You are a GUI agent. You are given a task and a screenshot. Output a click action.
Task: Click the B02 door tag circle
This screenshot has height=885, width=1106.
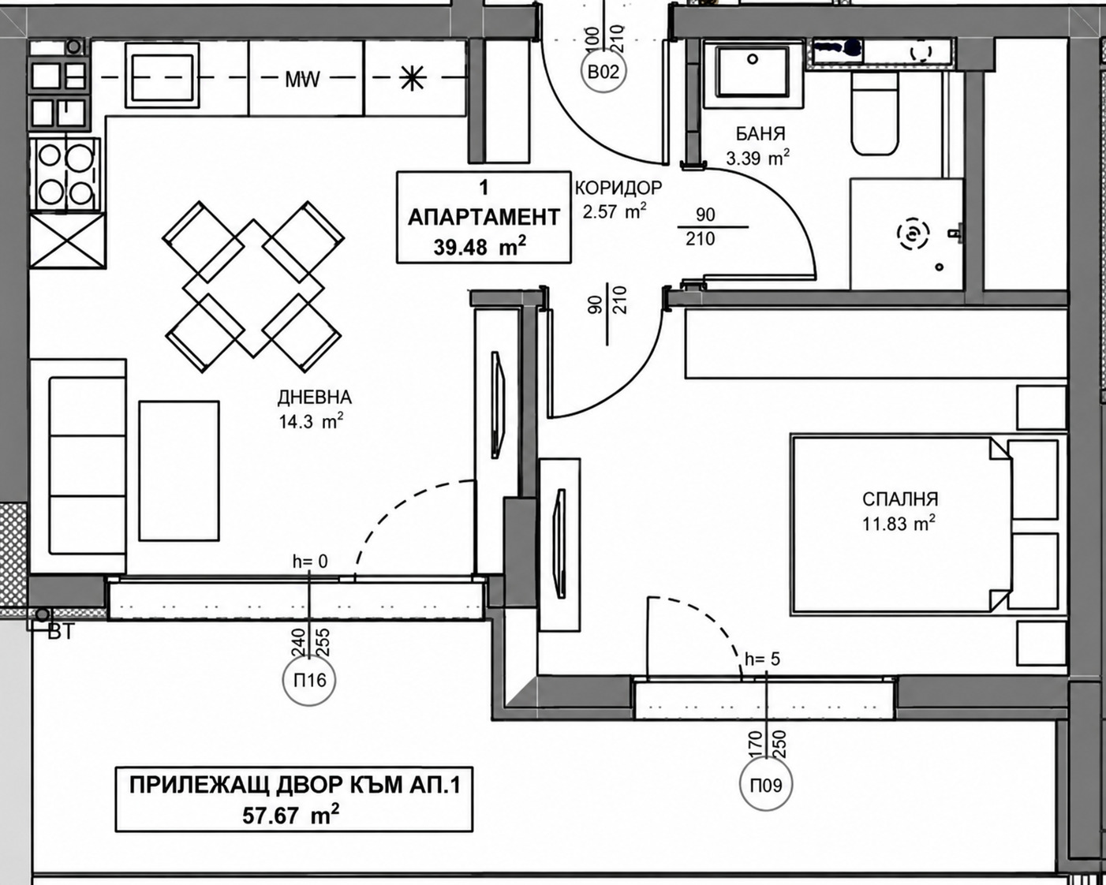603,72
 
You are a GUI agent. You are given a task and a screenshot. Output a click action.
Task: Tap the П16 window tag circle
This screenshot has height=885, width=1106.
309,680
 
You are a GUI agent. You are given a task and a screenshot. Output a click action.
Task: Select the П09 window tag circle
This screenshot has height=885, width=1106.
766,785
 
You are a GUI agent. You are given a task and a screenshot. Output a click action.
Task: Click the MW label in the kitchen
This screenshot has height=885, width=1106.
303,79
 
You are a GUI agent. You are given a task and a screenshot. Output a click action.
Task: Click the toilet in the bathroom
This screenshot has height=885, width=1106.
875,112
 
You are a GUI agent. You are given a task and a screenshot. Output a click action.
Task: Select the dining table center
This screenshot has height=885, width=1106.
253,289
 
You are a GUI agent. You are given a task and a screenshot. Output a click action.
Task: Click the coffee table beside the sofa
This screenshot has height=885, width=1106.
179,471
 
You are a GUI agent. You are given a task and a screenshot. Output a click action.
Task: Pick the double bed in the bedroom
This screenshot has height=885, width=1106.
902,525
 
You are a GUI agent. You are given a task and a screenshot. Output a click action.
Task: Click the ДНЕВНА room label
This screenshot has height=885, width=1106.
315,398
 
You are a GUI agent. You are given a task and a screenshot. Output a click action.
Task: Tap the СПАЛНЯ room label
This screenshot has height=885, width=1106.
900,499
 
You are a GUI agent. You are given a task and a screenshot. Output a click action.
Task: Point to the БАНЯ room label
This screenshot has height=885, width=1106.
760,134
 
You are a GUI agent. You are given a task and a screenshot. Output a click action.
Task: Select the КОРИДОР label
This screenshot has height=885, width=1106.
618,188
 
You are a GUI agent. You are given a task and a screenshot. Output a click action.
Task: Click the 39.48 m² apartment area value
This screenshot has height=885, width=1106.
480,247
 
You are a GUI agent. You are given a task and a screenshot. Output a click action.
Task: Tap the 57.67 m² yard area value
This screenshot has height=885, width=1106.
291,815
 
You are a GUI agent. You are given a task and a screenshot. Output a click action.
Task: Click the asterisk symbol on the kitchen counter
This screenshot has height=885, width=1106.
413,79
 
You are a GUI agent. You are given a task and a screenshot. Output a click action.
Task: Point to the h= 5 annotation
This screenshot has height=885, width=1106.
762,659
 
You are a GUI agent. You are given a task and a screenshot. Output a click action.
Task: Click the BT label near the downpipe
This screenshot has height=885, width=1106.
62,632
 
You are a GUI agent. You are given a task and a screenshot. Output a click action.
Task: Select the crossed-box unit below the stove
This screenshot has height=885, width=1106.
68,241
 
